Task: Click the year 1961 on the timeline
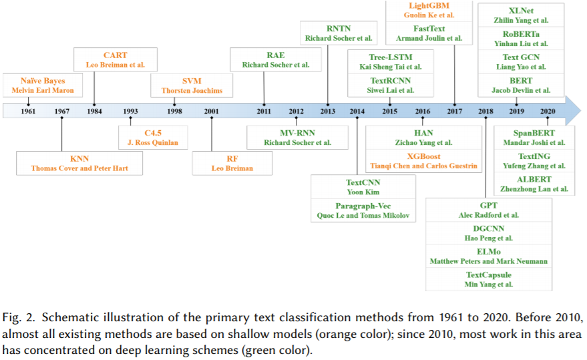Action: click(28, 112)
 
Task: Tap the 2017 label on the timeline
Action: click(455, 112)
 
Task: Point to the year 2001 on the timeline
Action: click(211, 112)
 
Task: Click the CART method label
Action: click(116, 55)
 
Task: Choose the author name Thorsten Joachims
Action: click(192, 91)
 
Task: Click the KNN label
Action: click(79, 159)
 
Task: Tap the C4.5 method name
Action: click(154, 133)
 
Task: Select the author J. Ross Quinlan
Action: click(154, 143)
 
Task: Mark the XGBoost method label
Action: click(423, 156)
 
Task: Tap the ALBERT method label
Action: click(534, 180)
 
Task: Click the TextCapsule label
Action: click(489, 275)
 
